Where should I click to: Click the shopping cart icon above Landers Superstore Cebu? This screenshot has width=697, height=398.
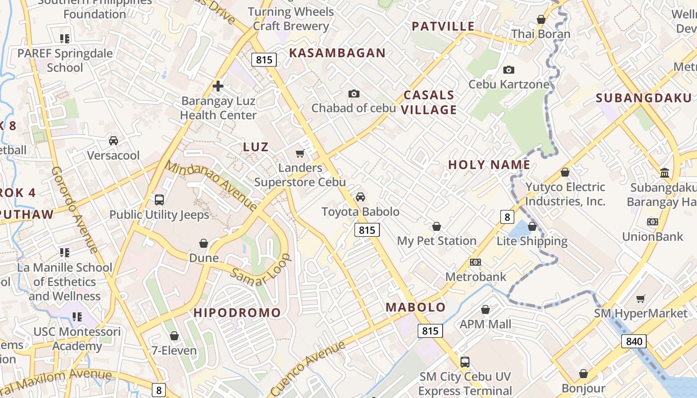[300, 153]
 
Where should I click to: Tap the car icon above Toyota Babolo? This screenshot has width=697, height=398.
[360, 197]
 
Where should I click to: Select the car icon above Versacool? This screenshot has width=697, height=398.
[114, 141]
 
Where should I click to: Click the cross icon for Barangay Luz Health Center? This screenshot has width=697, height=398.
[218, 86]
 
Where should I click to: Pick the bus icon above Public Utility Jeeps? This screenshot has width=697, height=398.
[159, 200]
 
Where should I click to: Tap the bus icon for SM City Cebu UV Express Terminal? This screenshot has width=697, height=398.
[465, 362]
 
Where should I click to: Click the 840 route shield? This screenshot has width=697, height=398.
[634, 341]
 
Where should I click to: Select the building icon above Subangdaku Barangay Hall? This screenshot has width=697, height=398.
[665, 173]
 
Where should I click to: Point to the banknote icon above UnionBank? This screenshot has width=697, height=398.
[652, 222]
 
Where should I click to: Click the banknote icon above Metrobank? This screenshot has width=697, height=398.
[475, 262]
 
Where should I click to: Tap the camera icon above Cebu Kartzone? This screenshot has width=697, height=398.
[509, 70]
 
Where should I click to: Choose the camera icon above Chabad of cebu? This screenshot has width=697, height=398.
[354, 94]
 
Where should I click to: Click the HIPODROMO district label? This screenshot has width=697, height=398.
[237, 313]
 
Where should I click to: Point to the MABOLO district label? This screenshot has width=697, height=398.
[416, 307]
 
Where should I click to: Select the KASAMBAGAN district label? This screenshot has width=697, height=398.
[338, 53]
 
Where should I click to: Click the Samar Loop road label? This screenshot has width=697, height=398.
[260, 276]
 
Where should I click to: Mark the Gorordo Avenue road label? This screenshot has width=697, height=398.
[75, 209]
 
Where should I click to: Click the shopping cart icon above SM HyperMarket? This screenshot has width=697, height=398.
[641, 299]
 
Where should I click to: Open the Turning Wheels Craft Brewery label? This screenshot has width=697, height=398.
[291, 19]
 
